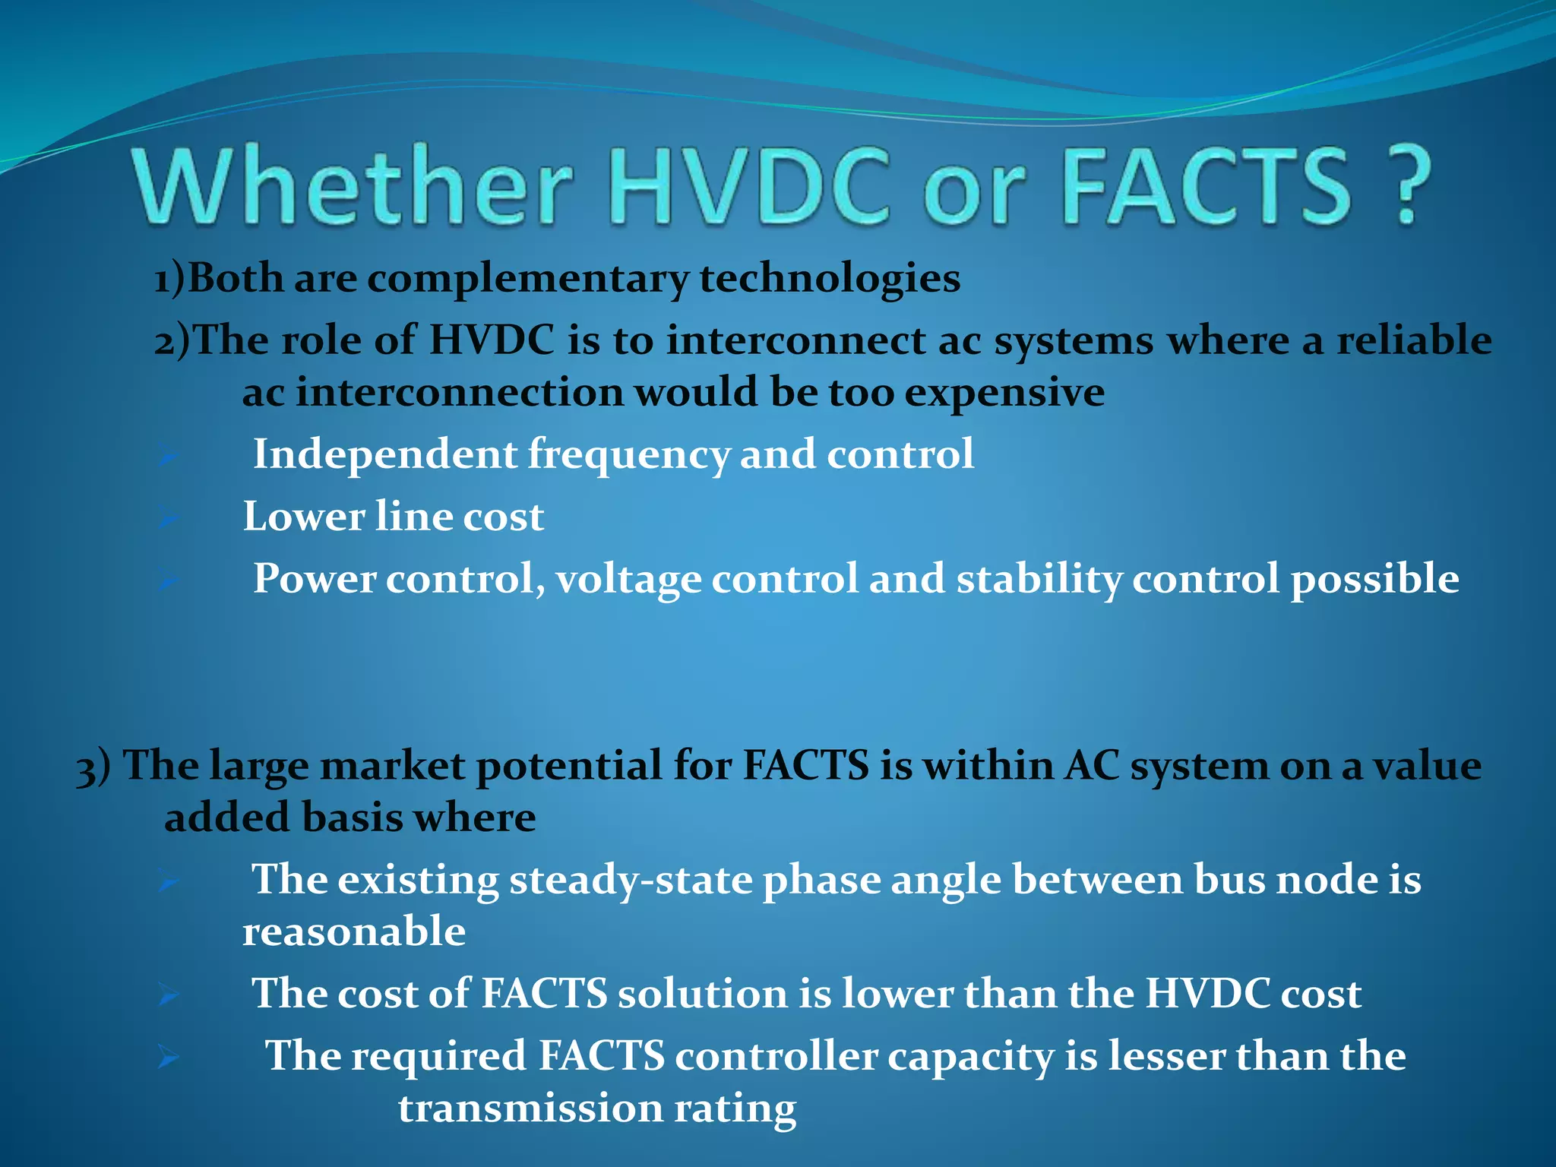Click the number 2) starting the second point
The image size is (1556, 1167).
pyautogui.click(x=173, y=340)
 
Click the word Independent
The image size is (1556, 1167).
pyautogui.click(x=385, y=454)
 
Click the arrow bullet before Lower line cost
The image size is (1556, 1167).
pyautogui.click(x=169, y=519)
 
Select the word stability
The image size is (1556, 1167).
pyautogui.click(x=1038, y=579)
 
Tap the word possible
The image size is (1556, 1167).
pyautogui.click(x=1374, y=579)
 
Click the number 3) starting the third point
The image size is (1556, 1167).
pyautogui.click(x=93, y=767)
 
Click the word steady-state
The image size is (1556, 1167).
pyautogui.click(x=631, y=881)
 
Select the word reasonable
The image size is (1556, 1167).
pyautogui.click(x=353, y=932)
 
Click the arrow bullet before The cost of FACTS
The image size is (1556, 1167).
pyautogui.click(x=169, y=995)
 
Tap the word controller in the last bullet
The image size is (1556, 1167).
pyautogui.click(x=776, y=1056)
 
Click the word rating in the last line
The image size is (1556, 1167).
pyautogui.click(x=735, y=1108)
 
